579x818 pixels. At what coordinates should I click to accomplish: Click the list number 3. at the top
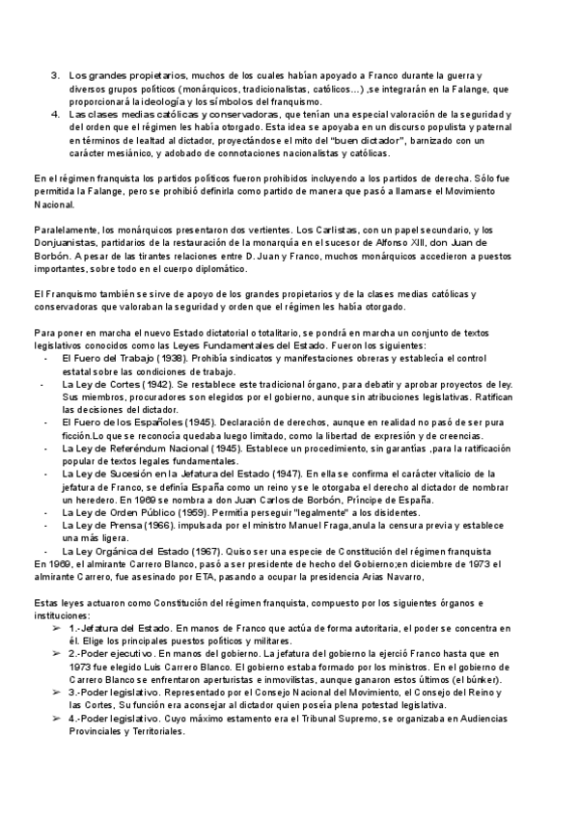click(x=55, y=74)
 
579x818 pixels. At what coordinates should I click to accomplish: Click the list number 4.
click(x=55, y=115)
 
